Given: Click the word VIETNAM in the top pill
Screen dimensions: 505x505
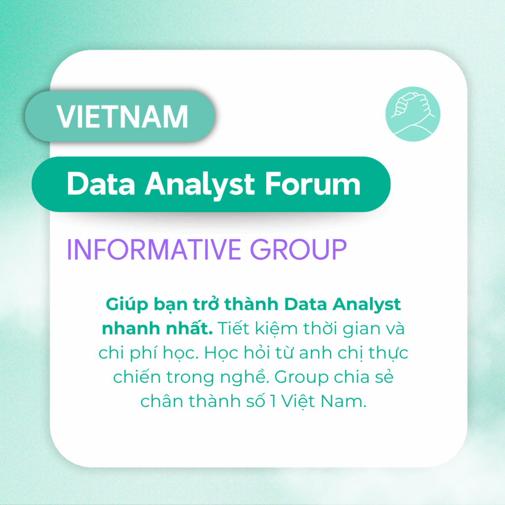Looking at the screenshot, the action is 122,116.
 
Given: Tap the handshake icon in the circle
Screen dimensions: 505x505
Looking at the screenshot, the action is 413,114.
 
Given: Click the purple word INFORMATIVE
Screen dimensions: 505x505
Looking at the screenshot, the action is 154,249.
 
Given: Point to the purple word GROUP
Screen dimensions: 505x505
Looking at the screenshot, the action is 298,249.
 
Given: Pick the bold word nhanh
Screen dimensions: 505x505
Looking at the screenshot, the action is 131,328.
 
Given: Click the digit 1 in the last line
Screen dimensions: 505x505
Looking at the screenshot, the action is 273,401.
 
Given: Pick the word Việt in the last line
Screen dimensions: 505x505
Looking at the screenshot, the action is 298,401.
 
